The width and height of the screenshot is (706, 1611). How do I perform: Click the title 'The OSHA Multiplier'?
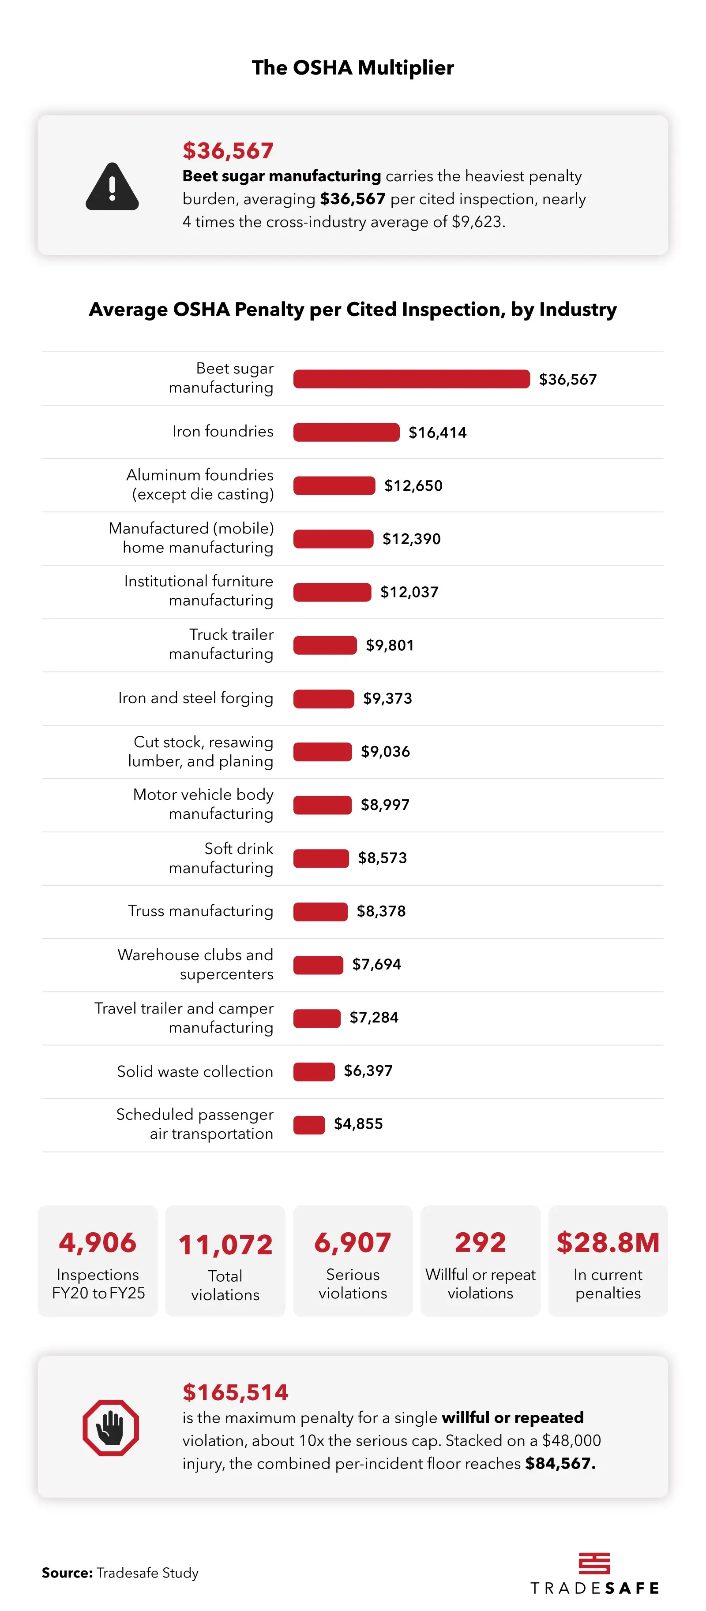pos(353,67)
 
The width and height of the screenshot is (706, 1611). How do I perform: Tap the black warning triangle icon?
pos(112,186)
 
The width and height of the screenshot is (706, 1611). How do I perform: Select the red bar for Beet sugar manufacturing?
pos(411,379)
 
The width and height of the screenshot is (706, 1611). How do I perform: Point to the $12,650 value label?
pos(413,485)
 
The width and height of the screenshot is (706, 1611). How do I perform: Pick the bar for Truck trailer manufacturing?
pos(325,645)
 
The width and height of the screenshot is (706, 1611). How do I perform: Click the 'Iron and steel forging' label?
pos(195,698)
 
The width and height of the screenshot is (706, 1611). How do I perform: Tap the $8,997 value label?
pos(385,804)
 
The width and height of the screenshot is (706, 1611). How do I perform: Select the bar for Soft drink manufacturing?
pos(321,858)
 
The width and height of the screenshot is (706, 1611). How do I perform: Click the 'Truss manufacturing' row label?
pos(200,910)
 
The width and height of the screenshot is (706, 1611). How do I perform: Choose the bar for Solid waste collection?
pos(314,1070)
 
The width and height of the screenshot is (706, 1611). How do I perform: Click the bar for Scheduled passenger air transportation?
pos(309,1124)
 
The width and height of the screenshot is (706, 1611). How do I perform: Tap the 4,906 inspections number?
pos(98,1242)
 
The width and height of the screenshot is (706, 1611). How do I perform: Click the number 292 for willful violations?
pos(480,1242)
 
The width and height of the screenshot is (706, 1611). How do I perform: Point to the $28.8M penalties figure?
pos(608,1242)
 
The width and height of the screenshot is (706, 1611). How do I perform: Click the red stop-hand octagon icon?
pos(111,1427)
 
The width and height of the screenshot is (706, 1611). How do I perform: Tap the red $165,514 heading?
pos(235,1392)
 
